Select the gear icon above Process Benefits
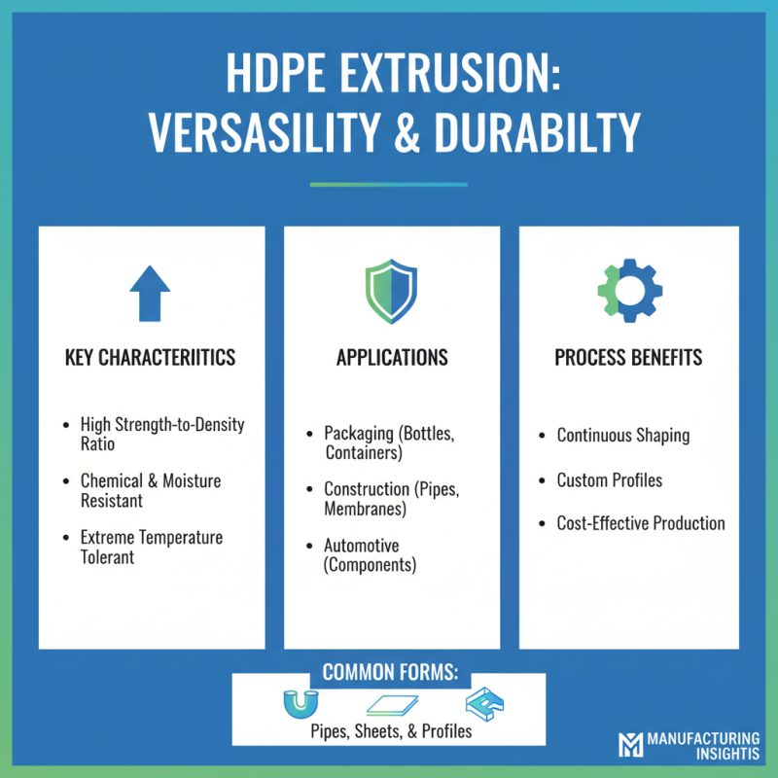tap(629, 289)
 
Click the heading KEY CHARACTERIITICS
tap(151, 358)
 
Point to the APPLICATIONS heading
tap(392, 358)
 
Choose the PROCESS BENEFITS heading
tap(628, 358)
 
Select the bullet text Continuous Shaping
tap(622, 435)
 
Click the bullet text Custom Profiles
tap(609, 479)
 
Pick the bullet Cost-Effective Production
tap(640, 523)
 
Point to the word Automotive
tap(362, 546)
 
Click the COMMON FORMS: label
tap(389, 672)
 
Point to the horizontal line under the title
tap(388, 184)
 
